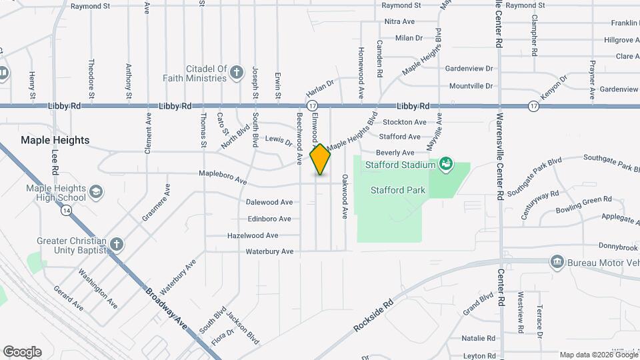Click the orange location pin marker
point(320,159)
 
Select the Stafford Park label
point(398,190)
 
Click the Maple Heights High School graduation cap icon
point(96,193)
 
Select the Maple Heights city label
point(55,140)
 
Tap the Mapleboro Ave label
point(223,178)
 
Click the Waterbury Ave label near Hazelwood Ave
point(269,252)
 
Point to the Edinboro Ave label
point(269,219)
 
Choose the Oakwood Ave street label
point(345,197)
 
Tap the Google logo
point(22,352)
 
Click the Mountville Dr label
point(471,86)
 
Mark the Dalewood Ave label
point(269,202)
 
